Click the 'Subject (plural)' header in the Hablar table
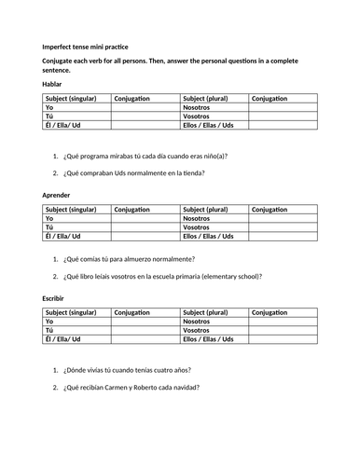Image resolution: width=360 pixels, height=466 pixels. (x=211, y=97)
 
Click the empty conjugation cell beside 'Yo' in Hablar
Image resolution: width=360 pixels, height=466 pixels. (x=145, y=107)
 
